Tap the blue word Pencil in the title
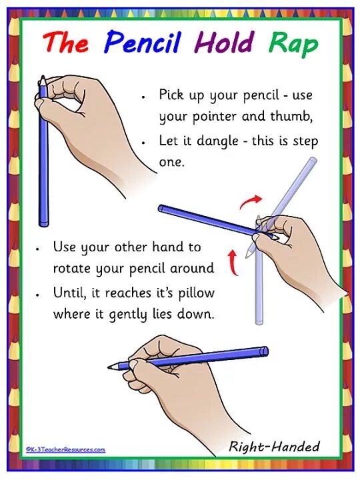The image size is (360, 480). tap(143, 43)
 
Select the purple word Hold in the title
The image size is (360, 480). tap(224, 43)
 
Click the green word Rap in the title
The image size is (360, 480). tap(293, 45)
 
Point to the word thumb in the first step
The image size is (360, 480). tap(294, 117)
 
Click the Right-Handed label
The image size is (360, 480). tap(274, 446)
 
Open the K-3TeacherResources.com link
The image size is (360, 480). tap(66, 450)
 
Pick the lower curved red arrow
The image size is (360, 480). tap(234, 261)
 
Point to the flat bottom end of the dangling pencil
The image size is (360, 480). tap(45, 223)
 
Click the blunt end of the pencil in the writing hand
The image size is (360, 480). tap(265, 351)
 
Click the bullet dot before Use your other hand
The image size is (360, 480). tap(39, 248)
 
